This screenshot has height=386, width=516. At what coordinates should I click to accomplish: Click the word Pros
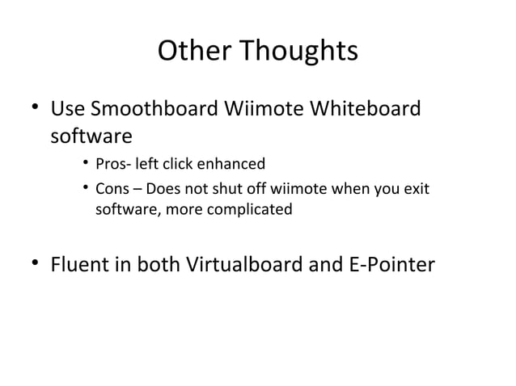pyautogui.click(x=109, y=165)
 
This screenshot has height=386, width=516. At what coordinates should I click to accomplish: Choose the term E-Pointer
pyautogui.click(x=395, y=264)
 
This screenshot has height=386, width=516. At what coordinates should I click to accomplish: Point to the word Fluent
pyautogui.click(x=80, y=264)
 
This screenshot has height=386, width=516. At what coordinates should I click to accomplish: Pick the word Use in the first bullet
pyautogui.click(x=66, y=107)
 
